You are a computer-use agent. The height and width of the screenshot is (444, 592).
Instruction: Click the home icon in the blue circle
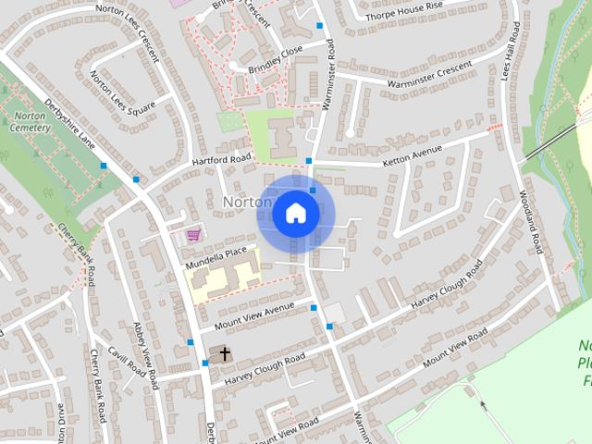point(295,214)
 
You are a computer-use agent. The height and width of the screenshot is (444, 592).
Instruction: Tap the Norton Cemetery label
point(30,122)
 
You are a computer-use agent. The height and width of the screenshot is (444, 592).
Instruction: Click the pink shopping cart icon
point(193,235)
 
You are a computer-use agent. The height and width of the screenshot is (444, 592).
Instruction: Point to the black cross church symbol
point(224,353)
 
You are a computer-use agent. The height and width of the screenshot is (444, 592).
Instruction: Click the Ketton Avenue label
point(412,155)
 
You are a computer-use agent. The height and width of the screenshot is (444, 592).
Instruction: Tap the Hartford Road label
point(221,159)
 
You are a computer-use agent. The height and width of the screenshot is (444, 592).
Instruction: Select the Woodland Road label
point(529,222)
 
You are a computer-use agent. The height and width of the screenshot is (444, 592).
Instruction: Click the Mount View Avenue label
point(253,315)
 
